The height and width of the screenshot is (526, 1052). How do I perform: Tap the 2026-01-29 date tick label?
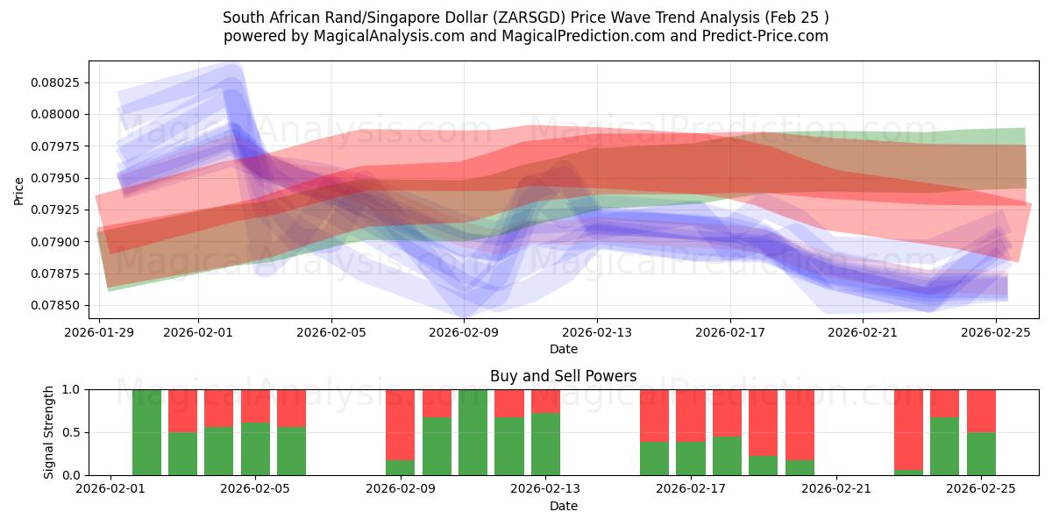99,332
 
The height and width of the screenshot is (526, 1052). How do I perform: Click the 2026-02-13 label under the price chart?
597,332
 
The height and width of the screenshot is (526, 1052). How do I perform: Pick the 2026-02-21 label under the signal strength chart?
836,489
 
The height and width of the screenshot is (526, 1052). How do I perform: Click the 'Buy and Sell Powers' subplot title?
563,376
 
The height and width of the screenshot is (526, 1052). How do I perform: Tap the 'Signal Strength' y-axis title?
49,432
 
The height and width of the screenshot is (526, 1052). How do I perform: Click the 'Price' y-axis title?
19,190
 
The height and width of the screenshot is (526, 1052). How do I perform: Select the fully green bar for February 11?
473,432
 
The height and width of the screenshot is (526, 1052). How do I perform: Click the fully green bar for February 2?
146,432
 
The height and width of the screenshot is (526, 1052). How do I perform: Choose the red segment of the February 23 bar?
909,429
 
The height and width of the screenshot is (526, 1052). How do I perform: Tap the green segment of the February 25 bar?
981,454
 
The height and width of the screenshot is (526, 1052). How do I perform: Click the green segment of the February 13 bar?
545,444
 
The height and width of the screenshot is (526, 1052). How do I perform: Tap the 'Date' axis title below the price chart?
563,349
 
